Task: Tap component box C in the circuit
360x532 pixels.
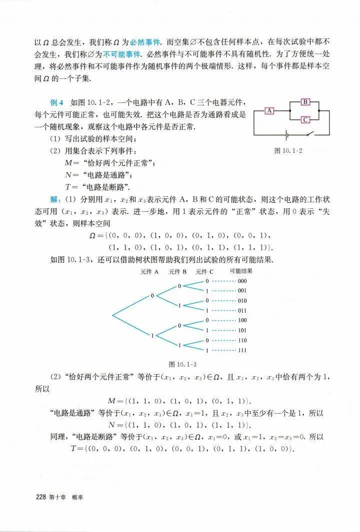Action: pos(306,119)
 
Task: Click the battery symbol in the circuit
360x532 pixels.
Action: pos(286,134)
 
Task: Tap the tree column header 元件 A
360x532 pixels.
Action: pos(149,272)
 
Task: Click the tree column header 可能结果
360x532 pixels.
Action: pos(241,271)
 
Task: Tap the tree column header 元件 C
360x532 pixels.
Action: pos(204,272)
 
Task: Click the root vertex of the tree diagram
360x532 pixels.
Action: pos(112,315)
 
